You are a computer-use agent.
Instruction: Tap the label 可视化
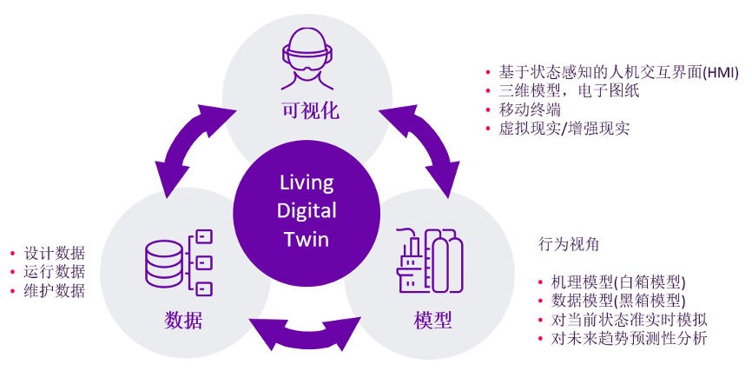pos(310,110)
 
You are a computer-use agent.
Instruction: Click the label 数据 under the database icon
pos(183,320)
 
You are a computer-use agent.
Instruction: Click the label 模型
pos(432,320)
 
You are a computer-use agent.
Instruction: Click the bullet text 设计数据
pos(54,253)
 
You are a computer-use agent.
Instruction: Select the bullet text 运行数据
pos(54,272)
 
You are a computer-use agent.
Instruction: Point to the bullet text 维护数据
pos(54,291)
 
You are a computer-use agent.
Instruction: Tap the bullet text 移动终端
pos(530,109)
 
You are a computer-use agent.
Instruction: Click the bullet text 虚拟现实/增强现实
pos(564,129)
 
